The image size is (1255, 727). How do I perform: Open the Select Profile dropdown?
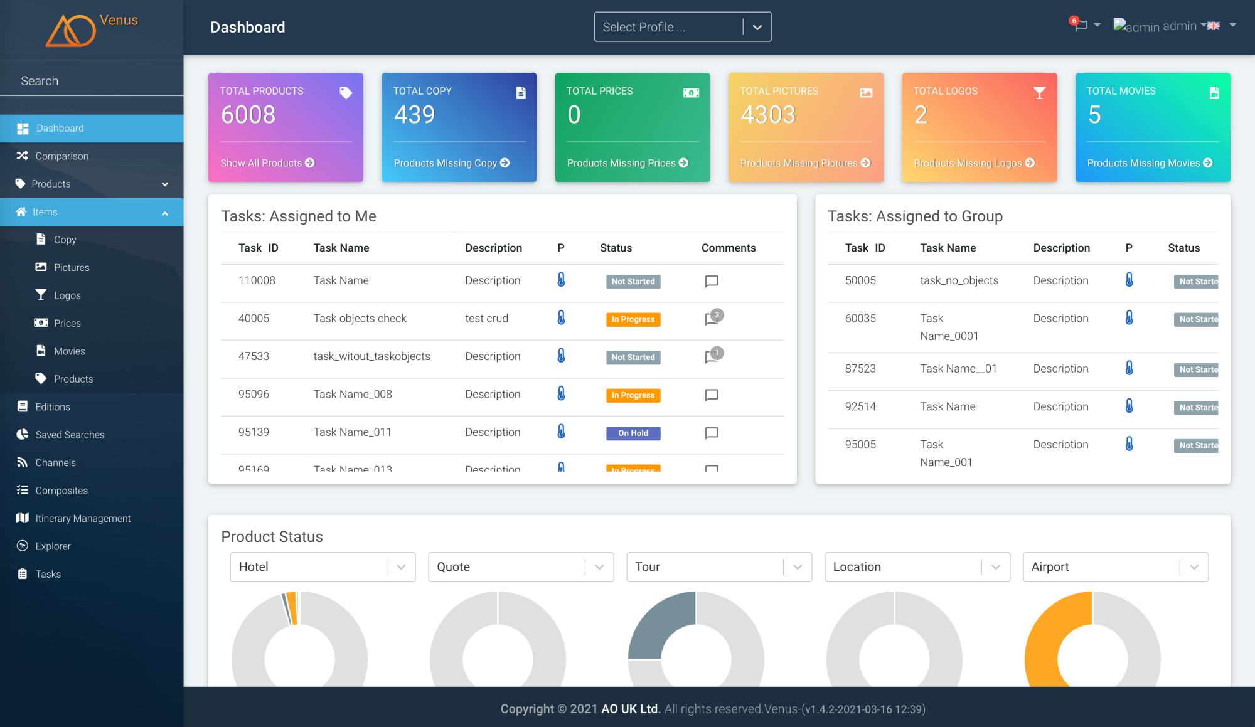click(682, 27)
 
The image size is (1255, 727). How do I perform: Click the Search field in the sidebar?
click(91, 81)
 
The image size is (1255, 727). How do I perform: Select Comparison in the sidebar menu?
click(61, 156)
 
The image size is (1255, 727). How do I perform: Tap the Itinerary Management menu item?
click(83, 519)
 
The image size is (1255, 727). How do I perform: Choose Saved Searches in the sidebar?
click(70, 435)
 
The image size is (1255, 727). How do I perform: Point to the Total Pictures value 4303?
click(768, 115)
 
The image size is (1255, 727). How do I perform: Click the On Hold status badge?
click(633, 433)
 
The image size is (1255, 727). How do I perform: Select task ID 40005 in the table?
click(254, 319)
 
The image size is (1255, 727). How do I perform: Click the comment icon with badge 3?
click(712, 319)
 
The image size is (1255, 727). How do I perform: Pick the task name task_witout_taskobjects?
click(371, 356)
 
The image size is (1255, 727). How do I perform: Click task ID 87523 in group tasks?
click(860, 369)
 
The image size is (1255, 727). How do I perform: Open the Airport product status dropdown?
click(1115, 567)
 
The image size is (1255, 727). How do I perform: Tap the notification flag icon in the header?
click(1080, 26)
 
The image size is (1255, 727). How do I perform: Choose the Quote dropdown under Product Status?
click(520, 567)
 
